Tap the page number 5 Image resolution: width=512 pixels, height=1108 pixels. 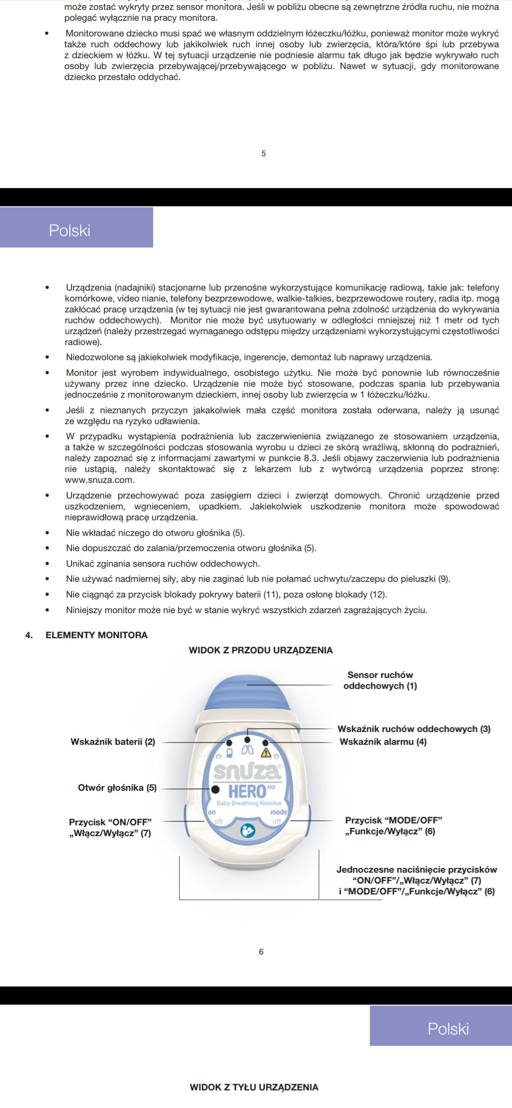(264, 153)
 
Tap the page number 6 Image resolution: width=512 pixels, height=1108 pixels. (261, 952)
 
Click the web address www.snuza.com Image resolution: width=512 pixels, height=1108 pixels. (100, 480)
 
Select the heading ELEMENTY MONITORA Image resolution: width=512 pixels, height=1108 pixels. (96, 635)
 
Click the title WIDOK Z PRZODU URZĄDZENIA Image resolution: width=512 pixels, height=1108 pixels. (261, 650)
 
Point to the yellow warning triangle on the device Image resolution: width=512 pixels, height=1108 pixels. (265, 752)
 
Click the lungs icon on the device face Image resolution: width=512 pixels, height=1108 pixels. (247, 751)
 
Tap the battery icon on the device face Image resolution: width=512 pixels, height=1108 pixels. (229, 752)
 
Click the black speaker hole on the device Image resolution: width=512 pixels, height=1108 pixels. (215, 789)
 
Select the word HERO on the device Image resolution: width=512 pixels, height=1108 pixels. (247, 791)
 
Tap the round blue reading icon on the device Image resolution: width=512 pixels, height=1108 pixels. (247, 831)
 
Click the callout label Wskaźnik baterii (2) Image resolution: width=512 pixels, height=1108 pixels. (113, 742)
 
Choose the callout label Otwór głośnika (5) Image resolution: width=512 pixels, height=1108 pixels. (117, 787)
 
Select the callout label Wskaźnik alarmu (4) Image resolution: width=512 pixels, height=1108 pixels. (383, 742)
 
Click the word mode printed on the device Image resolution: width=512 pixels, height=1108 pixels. (279, 812)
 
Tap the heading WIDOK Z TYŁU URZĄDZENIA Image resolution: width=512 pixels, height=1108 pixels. (254, 1087)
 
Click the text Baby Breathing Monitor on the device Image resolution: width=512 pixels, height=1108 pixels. (249, 803)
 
